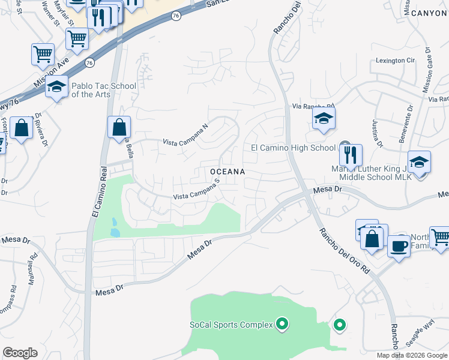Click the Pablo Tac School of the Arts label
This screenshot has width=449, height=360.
pos(103,90)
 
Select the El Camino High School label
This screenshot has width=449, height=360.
pos(293,148)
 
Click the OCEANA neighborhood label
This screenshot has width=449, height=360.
pos(228,172)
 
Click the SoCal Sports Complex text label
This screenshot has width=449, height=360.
pos(231,325)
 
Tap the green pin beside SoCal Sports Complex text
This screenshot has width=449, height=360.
pos(283,325)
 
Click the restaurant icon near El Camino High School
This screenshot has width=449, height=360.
pos(351,155)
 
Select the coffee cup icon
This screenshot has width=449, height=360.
pos(399,246)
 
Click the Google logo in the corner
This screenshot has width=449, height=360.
pos(20,353)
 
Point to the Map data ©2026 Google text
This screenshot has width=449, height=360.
pos(412,355)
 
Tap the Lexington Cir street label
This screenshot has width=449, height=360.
pos(396,61)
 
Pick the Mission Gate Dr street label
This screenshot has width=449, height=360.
pos(428,70)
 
